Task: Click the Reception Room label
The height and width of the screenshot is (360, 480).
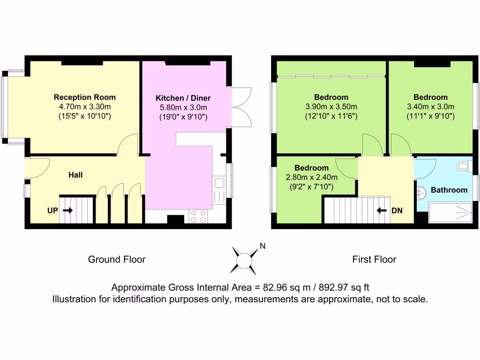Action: (x=84, y=97)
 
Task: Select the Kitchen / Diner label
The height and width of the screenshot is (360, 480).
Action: (x=183, y=98)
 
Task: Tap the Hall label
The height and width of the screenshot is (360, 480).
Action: (x=75, y=175)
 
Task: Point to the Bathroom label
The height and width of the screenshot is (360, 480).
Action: (x=449, y=190)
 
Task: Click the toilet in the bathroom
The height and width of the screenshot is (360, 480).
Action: (x=463, y=165)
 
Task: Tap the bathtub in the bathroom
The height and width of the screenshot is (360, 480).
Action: (x=450, y=213)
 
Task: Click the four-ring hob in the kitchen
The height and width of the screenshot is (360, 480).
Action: (x=198, y=216)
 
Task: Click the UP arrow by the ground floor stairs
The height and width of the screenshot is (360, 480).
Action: (x=68, y=211)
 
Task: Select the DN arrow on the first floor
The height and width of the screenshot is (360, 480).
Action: (x=382, y=210)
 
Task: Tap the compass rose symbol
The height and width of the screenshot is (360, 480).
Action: (x=244, y=260)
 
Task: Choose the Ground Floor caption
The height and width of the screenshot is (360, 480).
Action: (x=117, y=259)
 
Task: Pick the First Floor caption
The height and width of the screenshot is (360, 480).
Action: (x=374, y=259)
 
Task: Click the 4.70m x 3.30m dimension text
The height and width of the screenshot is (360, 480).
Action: (x=84, y=106)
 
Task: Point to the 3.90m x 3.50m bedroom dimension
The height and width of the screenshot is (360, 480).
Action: (x=331, y=106)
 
